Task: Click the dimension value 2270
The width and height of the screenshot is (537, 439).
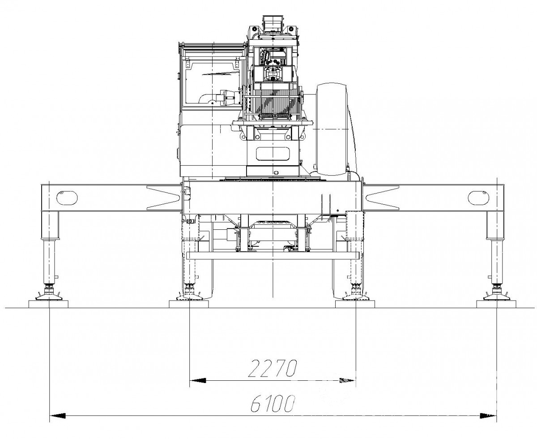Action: [x=273, y=368]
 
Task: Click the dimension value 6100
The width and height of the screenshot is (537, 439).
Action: [x=273, y=404]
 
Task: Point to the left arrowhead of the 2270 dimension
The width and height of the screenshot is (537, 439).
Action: [x=198, y=380]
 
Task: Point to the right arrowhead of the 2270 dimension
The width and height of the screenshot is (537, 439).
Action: [x=348, y=380]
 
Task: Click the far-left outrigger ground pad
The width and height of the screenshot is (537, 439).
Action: [x=48, y=304]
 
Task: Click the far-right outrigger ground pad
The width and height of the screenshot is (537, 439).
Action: [x=496, y=304]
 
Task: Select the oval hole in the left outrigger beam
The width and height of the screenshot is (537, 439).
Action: [x=67, y=198]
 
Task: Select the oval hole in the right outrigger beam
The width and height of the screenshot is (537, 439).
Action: [x=478, y=198]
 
